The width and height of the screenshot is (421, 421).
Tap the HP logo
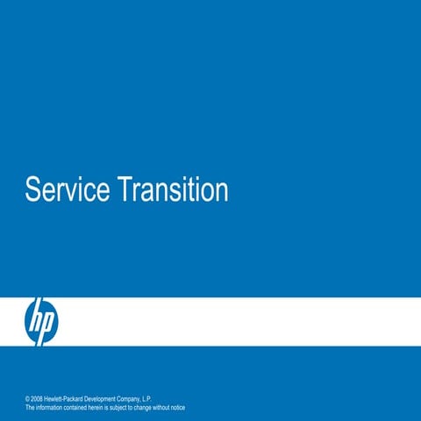click(x=40, y=320)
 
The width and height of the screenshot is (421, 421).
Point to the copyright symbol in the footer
click(x=28, y=399)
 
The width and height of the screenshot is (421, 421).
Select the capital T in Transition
click(x=123, y=189)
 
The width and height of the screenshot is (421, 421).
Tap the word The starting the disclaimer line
click(x=31, y=408)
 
